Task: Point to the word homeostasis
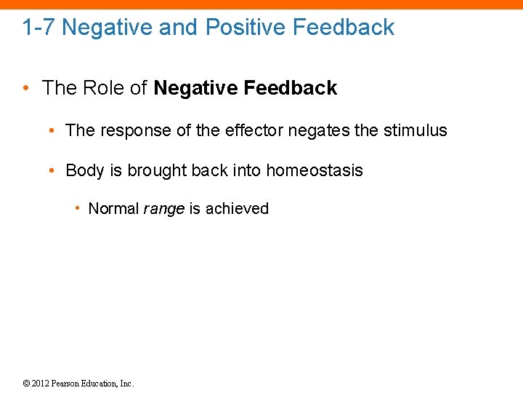coord(315,170)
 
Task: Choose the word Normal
coord(113,209)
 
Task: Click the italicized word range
coord(163,210)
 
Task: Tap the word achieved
coord(237,209)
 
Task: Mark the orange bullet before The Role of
coord(28,89)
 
